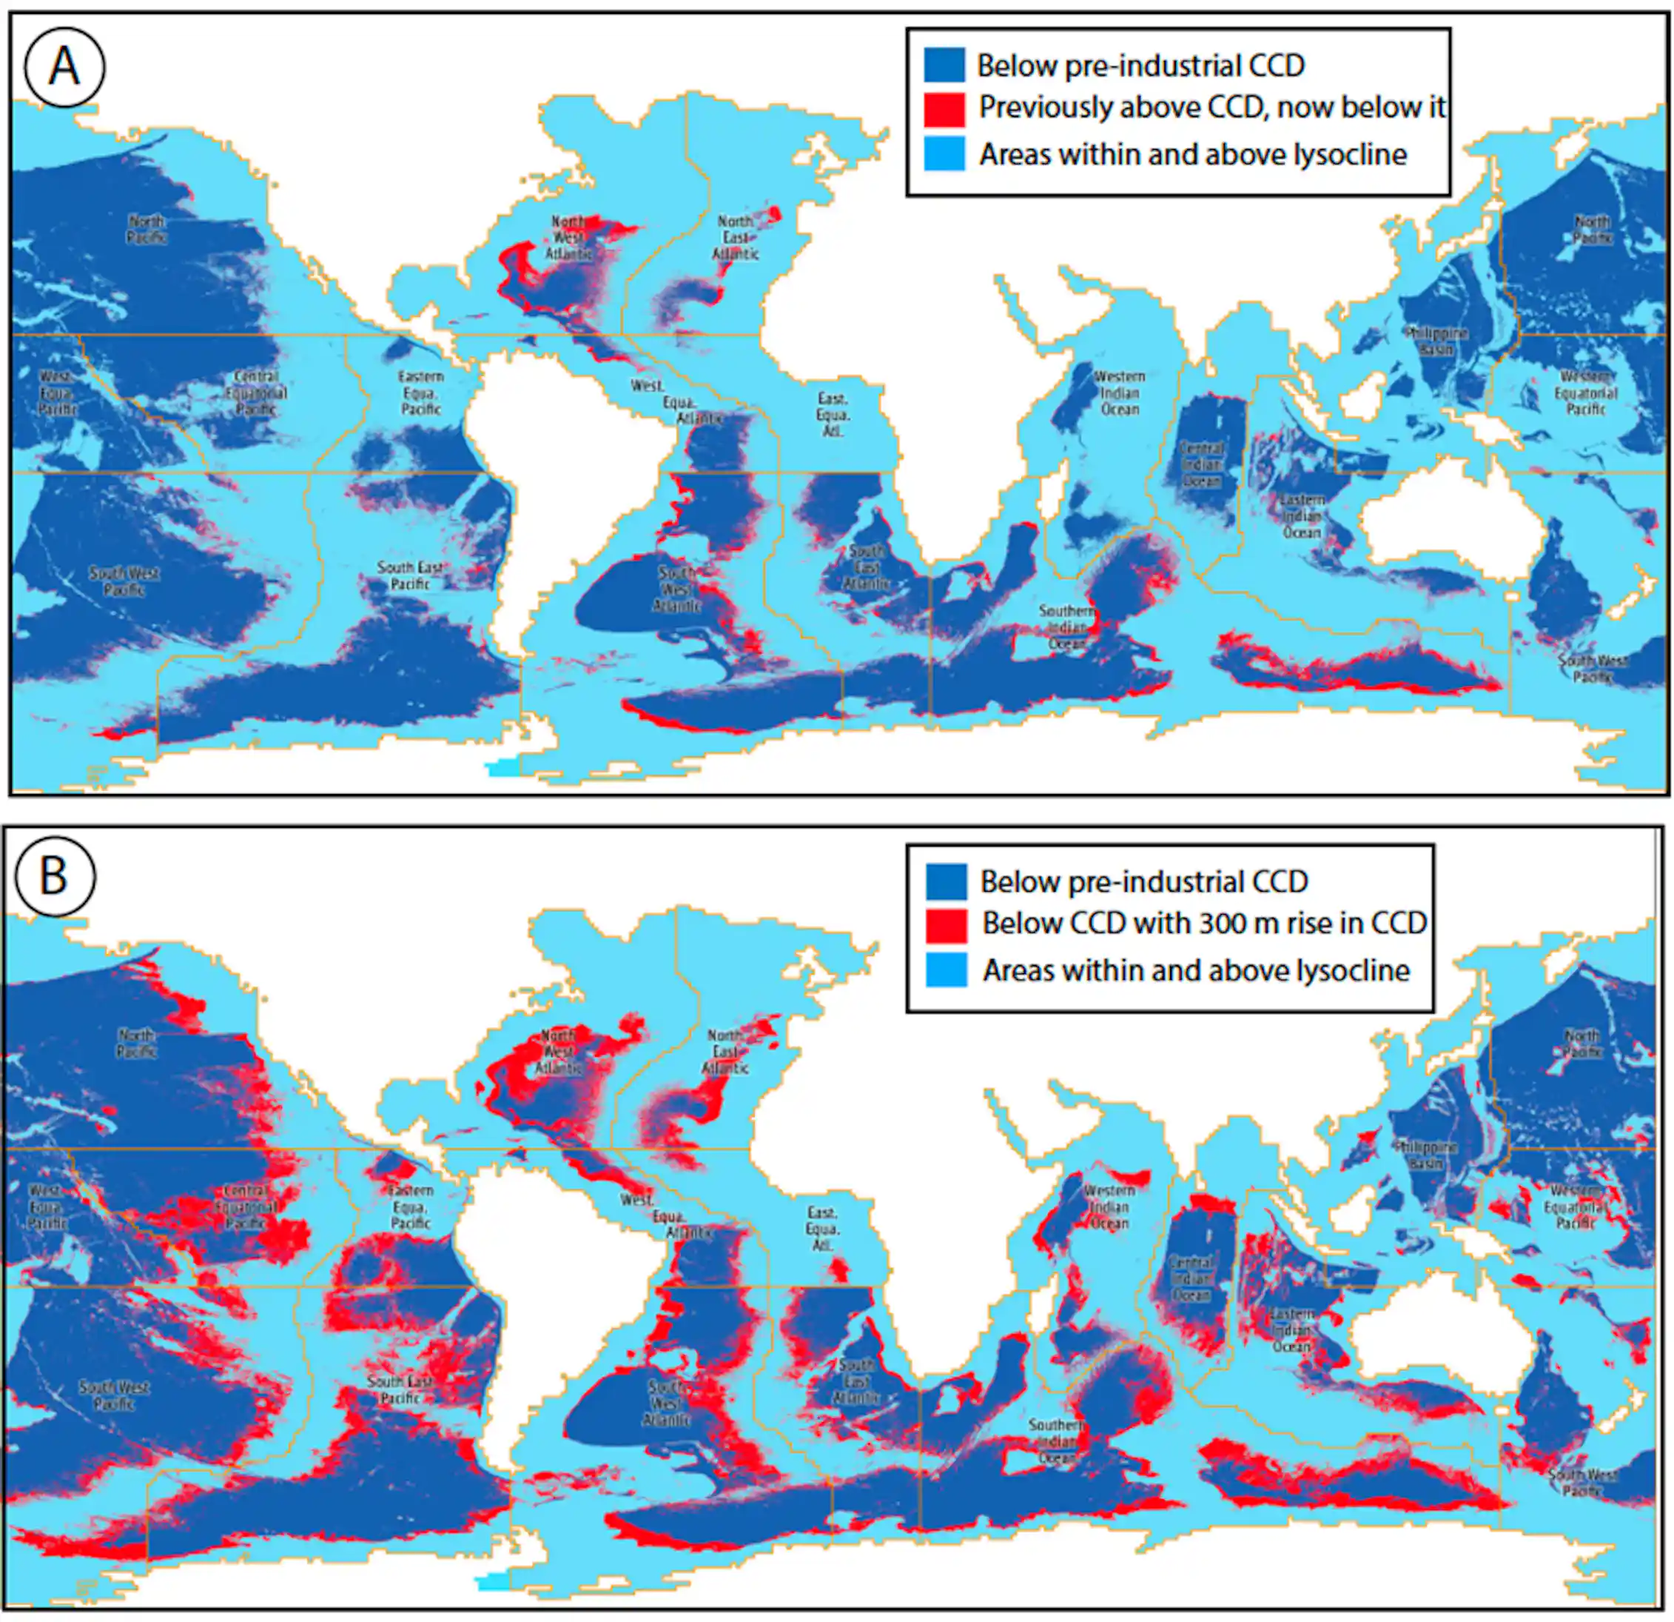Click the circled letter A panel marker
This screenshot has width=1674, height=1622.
pyautogui.click(x=64, y=67)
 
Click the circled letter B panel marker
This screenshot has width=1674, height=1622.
pyautogui.click(x=55, y=876)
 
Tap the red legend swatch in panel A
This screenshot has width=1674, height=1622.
pyautogui.click(x=944, y=110)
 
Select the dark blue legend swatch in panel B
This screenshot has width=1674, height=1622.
pyautogui.click(x=947, y=881)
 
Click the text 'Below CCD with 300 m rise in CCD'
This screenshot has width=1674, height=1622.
pyautogui.click(x=1203, y=923)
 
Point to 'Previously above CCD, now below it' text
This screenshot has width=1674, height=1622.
pyautogui.click(x=1211, y=107)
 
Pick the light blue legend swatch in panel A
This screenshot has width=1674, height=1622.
pyautogui.click(x=944, y=155)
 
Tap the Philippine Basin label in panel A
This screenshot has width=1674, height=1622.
pyautogui.click(x=1436, y=341)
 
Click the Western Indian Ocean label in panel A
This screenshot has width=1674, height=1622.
pyautogui.click(x=1119, y=393)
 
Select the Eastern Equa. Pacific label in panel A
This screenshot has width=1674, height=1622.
pyautogui.click(x=420, y=393)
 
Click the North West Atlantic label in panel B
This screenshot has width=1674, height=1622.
pyautogui.click(x=558, y=1052)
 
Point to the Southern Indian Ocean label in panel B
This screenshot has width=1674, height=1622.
pyautogui.click(x=1057, y=1442)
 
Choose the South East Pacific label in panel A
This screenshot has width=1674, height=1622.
pyautogui.click(x=409, y=575)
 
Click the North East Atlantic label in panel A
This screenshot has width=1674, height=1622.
pyautogui.click(x=736, y=238)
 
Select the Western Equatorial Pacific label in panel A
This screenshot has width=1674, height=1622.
pyautogui.click(x=1585, y=393)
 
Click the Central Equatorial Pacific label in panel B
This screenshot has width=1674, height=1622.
pyautogui.click(x=246, y=1207)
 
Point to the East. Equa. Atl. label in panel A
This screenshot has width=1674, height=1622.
pyautogui.click(x=832, y=415)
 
